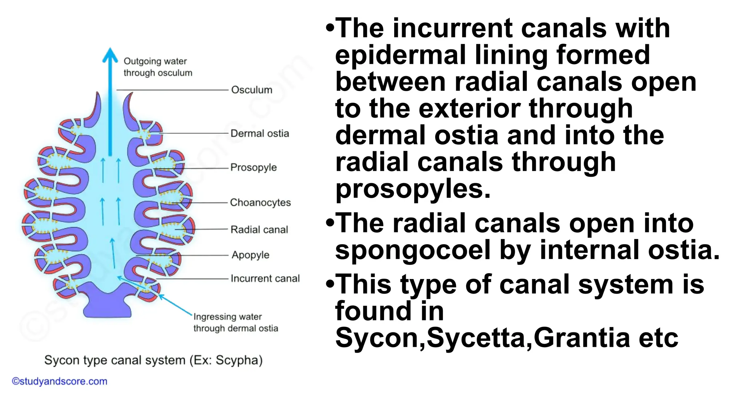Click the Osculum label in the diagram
point(252,90)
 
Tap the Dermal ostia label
point(260,133)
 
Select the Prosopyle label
point(254,167)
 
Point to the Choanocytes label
point(260,202)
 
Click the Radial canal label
point(259,230)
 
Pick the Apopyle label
point(251,255)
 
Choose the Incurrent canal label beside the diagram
point(265,278)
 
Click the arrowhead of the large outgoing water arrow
point(110,56)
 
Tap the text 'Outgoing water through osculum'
point(158,67)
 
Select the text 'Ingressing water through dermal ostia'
point(235,322)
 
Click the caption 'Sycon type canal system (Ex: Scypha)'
point(153,360)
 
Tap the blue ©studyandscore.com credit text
point(60,381)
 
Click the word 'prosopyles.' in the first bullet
point(413,189)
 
